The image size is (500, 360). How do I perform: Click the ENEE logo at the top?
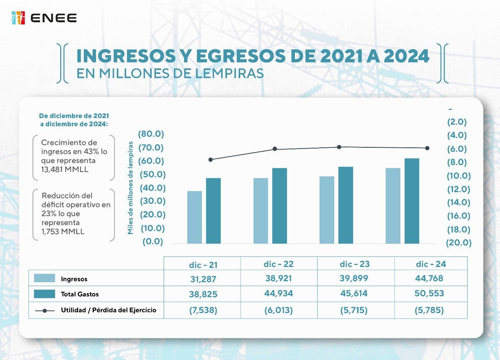tap(44, 18)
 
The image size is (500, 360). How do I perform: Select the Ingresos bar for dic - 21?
tap(195, 217)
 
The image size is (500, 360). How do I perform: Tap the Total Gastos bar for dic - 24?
tap(412, 201)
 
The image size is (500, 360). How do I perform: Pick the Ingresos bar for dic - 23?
tap(327, 210)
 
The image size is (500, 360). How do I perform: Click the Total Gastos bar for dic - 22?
tap(279, 206)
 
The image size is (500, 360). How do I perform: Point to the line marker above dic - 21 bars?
tap(211, 159)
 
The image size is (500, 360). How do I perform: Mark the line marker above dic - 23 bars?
tap(339, 147)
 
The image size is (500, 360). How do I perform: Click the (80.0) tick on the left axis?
tap(151, 134)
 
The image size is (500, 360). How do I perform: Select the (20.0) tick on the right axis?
tap(459, 243)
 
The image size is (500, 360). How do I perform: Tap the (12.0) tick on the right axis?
tap(459, 189)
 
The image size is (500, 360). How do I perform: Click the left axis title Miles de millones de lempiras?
tap(130, 188)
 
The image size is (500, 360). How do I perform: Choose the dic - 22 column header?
tap(279, 264)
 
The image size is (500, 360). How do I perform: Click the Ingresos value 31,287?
tap(202, 279)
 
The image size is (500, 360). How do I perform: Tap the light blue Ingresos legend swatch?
tap(45, 278)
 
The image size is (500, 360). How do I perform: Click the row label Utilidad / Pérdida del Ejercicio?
tap(109, 310)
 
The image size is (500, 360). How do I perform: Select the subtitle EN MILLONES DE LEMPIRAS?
tap(170, 73)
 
